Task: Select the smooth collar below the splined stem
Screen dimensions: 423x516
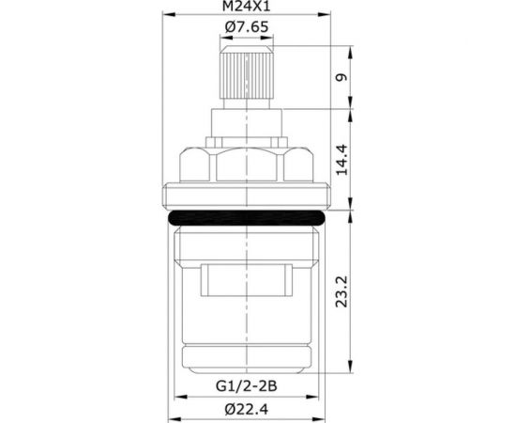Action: click(248, 123)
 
